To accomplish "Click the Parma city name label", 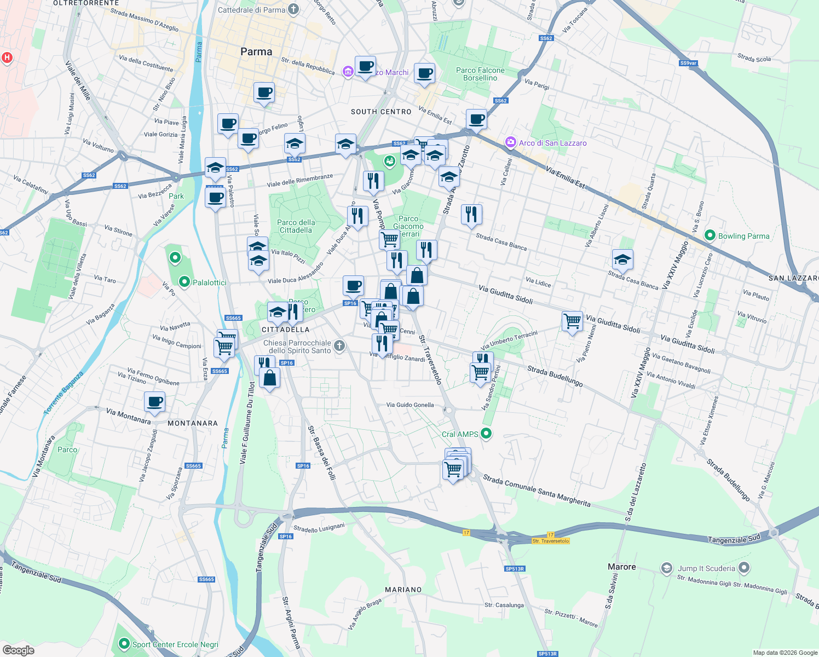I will [256, 52].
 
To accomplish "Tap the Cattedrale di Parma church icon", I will [293, 9].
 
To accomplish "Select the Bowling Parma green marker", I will [710, 235].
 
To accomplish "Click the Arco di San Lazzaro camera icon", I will [511, 142].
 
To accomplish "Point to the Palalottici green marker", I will [184, 283].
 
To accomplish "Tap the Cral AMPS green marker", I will [486, 434].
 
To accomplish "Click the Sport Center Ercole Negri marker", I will [124, 644].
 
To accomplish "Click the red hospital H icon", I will [7, 57].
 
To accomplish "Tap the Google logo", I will [19, 650].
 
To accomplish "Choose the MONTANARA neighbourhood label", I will [193, 423].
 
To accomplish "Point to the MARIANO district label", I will [403, 590].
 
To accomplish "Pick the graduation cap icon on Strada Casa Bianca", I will [622, 260].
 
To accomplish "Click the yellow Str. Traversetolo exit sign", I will [551, 541].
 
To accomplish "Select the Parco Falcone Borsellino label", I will [480, 74].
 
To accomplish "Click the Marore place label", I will [622, 567].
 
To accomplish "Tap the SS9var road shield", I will [688, 63].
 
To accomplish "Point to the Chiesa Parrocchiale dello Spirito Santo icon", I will [339, 345].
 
